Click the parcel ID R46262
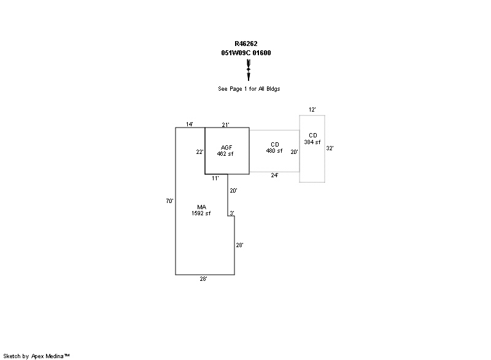click(246, 44)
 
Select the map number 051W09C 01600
click(246, 53)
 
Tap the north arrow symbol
click(249, 70)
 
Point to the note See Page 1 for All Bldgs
click(249, 89)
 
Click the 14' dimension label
click(190, 124)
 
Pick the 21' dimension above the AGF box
click(226, 125)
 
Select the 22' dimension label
click(200, 152)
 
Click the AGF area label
click(226, 148)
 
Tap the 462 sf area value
click(226, 154)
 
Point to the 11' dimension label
click(215, 178)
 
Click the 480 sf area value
click(274, 151)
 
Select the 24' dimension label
click(275, 175)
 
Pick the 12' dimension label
click(312, 110)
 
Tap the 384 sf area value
click(312, 142)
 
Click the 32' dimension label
click(330, 148)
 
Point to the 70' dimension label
click(170, 201)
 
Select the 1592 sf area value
click(201, 213)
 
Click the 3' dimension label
click(231, 213)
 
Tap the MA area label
click(201, 207)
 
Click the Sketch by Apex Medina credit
click(37, 356)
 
